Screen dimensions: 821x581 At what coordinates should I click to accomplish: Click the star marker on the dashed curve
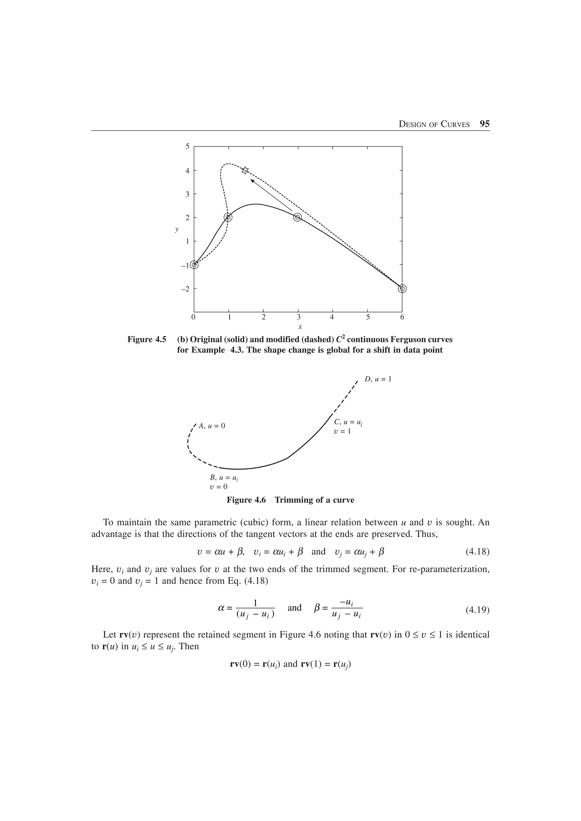245,170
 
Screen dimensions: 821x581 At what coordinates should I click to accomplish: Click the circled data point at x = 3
298,217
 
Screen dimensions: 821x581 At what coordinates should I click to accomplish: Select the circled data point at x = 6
402,289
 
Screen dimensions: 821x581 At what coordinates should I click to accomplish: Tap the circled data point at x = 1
228,217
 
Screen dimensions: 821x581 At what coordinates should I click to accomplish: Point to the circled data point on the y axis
194,265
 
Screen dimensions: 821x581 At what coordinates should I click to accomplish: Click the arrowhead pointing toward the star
252,182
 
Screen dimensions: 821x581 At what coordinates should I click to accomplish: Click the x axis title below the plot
300,327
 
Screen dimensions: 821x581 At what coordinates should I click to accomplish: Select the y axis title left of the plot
176,229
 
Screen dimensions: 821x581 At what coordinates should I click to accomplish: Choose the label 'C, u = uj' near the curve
348,422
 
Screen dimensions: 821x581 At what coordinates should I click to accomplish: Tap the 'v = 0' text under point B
218,487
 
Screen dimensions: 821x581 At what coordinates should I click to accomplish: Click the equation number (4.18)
477,552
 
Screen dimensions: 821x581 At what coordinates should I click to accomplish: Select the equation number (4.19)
477,610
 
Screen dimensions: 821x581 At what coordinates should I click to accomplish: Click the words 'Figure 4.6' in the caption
246,500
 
